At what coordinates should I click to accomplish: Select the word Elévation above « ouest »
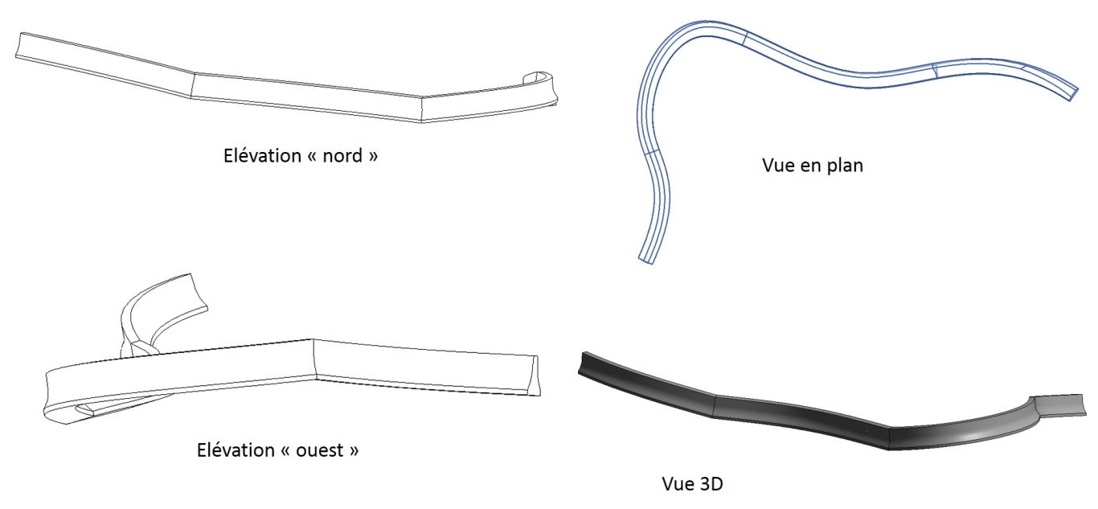[236, 449]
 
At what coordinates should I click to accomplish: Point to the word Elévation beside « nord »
[262, 156]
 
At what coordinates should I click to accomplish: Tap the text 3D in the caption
[711, 484]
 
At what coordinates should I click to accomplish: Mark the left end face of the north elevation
[18, 46]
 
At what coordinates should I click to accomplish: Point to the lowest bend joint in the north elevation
[421, 109]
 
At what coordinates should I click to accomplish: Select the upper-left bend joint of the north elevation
[193, 86]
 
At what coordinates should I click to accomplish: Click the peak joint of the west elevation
[313, 359]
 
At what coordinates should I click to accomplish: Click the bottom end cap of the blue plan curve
[646, 260]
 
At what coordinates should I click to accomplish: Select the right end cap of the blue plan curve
[1074, 93]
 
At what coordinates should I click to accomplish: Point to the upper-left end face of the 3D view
[582, 363]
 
